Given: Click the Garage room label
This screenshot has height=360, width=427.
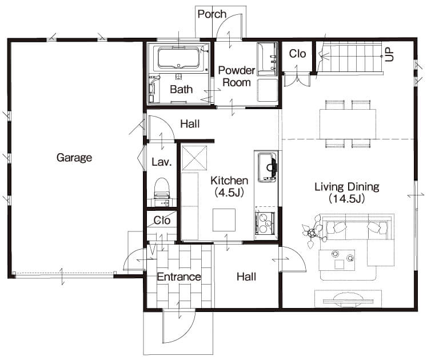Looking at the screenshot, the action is [x=74, y=158].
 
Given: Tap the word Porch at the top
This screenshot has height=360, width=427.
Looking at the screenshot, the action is [x=212, y=14].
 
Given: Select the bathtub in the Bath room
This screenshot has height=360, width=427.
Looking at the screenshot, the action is [x=179, y=58].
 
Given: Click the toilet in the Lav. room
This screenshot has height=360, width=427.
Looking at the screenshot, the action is [x=162, y=188].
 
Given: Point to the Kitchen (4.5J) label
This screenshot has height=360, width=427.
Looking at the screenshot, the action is [x=229, y=186].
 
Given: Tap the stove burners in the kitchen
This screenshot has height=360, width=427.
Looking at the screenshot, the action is [x=265, y=223].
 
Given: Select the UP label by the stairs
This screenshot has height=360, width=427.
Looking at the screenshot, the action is [x=389, y=54].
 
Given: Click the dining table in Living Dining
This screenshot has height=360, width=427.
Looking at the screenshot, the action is [x=348, y=124].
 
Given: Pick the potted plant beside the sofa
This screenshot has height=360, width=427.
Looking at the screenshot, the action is [x=313, y=231].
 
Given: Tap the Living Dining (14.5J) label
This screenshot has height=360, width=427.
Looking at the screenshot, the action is [x=347, y=193].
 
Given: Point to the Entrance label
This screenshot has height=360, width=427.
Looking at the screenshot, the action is [x=179, y=277].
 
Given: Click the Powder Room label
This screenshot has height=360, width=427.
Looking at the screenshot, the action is [x=237, y=76].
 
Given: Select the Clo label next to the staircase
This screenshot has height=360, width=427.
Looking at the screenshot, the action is [x=297, y=54].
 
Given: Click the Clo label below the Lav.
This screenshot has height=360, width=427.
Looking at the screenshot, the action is [x=162, y=221].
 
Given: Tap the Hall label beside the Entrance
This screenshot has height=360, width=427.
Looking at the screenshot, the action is [x=246, y=277].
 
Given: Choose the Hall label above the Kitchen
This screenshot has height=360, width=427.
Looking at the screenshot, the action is [x=190, y=124].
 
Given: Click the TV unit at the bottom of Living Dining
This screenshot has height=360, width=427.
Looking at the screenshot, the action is [x=348, y=299].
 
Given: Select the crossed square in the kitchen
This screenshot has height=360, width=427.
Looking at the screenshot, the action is [x=194, y=158].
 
